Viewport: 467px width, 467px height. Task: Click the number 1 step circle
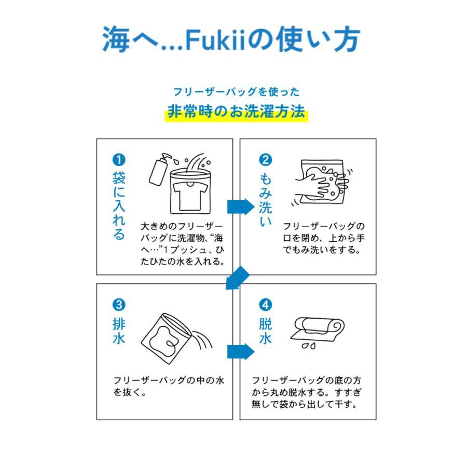point(119,159)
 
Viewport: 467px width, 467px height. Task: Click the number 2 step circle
point(265,159)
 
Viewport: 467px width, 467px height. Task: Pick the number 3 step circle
point(119,305)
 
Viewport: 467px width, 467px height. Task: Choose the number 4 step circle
point(265,305)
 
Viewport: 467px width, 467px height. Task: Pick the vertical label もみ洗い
point(265,200)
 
